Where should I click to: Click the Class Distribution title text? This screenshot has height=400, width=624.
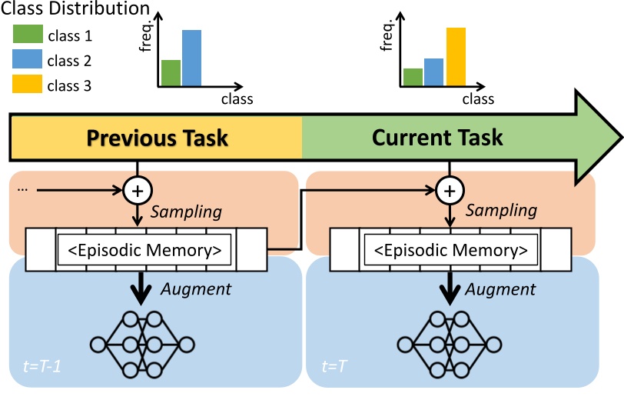75,10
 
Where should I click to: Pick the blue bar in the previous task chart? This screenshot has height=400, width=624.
191,58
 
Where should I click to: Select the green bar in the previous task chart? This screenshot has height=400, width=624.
171,72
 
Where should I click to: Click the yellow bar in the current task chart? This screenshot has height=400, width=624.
456,56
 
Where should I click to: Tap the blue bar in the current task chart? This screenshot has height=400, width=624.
434,72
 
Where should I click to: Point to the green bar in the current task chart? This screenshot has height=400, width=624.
413,77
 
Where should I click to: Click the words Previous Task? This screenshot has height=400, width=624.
157,138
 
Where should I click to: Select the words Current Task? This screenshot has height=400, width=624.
437,138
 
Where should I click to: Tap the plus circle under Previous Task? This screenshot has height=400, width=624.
137,191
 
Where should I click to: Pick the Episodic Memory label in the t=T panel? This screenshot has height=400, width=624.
450,250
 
